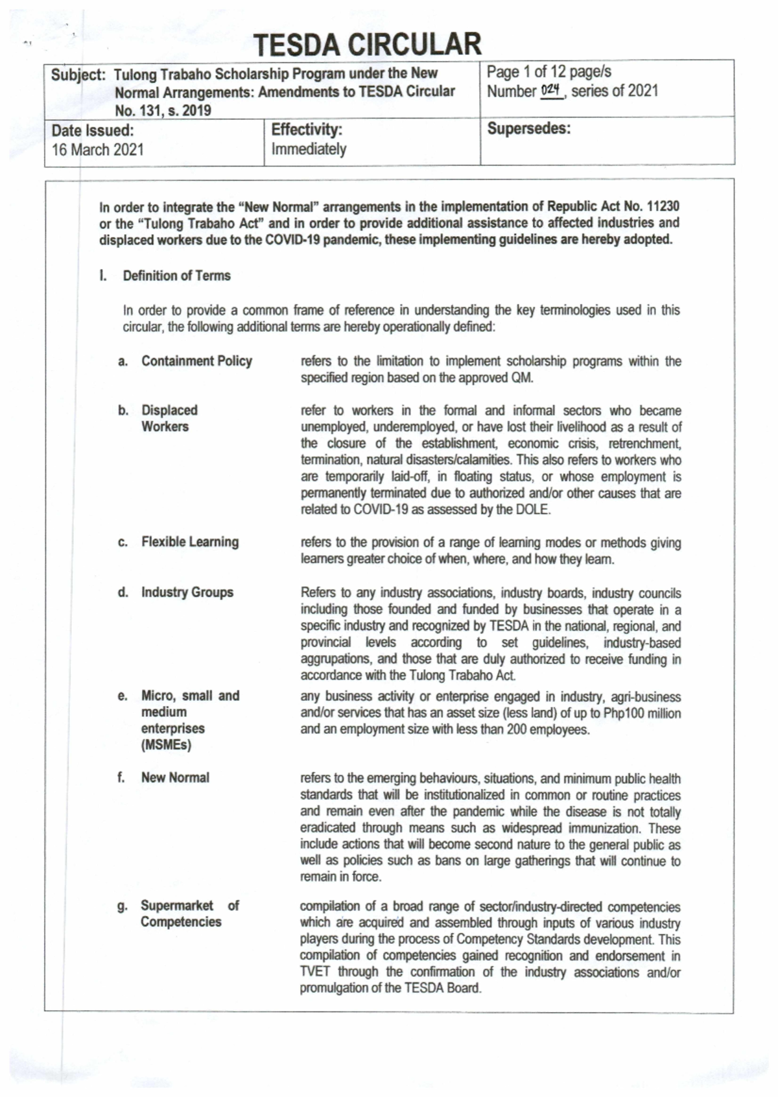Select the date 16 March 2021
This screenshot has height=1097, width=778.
point(98,150)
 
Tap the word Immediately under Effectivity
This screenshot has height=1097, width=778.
point(309,150)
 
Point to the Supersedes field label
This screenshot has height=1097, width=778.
point(528,128)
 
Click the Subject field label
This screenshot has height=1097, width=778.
point(78,75)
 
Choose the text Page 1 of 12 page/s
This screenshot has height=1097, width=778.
point(548,72)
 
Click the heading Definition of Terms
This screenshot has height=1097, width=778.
point(176,276)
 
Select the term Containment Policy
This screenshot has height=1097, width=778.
point(196,361)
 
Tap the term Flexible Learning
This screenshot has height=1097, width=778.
point(190,542)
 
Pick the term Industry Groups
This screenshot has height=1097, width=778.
point(187,593)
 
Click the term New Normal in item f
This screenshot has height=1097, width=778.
point(175,777)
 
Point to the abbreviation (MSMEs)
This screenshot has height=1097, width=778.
point(166,745)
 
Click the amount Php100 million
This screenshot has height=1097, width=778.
point(642,713)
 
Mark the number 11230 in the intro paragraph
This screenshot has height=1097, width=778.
point(661,207)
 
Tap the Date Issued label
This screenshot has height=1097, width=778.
point(93,130)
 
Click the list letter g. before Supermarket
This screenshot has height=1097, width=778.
point(122,906)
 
